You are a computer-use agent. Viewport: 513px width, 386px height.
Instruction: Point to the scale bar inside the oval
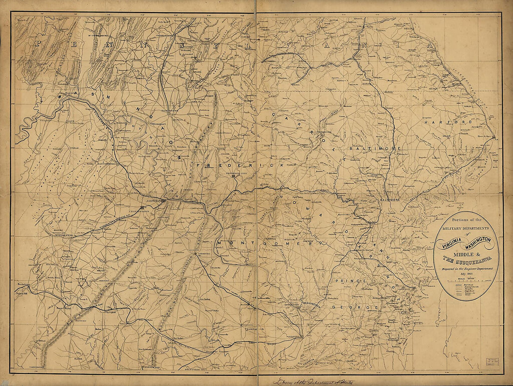coord(466,282)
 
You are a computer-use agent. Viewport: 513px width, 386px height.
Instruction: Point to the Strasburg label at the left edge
coord(21,283)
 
